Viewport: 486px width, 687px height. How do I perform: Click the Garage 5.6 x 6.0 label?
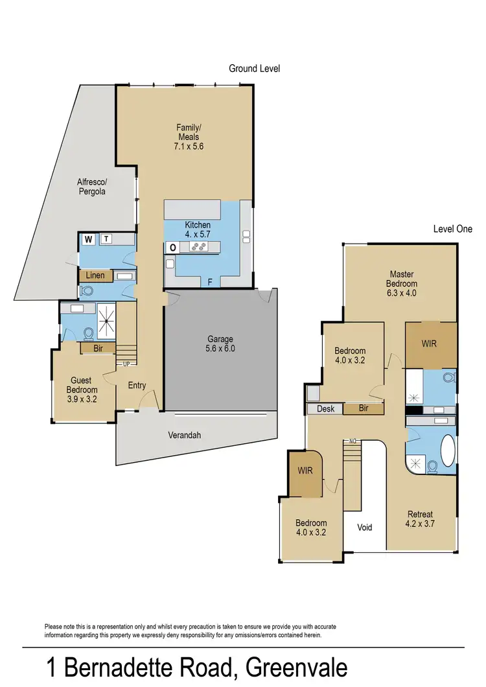220,343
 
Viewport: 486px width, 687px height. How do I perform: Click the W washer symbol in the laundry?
88,239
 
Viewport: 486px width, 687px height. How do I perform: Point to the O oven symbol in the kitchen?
173,247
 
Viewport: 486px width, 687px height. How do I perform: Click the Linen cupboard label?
95,276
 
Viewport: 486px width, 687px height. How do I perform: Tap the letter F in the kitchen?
209,281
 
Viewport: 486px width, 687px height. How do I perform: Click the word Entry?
137,386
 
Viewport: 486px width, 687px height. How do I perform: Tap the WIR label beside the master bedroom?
429,343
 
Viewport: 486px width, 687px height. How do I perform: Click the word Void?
365,527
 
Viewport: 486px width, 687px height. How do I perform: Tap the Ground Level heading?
254,68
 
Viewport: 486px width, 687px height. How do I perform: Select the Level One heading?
452,229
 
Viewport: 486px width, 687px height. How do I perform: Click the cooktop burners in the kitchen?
198,246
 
